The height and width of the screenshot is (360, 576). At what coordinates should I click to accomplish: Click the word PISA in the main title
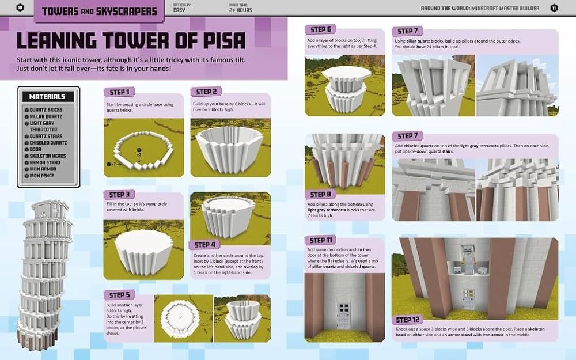223,41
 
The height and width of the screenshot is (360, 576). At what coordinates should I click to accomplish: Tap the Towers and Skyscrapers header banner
99,11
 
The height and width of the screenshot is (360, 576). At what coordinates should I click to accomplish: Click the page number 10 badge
20,7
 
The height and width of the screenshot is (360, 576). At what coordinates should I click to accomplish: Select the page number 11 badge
554,8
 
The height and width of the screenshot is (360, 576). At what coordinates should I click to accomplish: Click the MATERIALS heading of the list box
47,97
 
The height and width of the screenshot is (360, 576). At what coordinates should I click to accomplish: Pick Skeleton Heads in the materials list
48,156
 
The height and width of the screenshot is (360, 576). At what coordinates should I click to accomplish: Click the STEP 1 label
119,92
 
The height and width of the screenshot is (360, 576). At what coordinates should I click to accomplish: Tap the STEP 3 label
119,194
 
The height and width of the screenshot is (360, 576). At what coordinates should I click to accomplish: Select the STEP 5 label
119,295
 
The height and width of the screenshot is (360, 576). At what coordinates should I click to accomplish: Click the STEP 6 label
321,29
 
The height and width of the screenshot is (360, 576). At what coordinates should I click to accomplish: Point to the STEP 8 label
321,194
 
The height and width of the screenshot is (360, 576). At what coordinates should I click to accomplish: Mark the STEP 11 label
321,240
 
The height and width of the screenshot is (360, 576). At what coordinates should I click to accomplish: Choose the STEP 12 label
407,320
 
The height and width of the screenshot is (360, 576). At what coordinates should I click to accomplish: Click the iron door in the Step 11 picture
344,316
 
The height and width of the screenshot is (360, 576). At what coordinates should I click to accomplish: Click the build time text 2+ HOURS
241,10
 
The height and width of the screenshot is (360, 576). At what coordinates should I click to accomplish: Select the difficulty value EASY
179,10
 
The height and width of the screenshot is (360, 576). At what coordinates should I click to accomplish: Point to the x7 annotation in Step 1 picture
112,164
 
